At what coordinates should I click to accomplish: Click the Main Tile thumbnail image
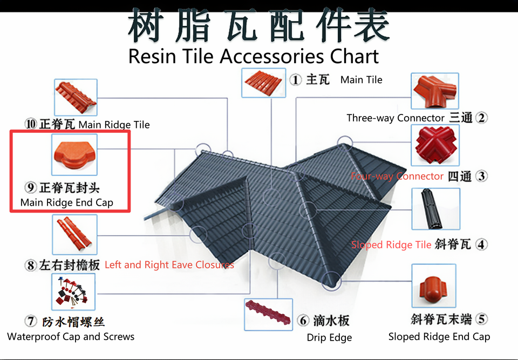tap(263, 80)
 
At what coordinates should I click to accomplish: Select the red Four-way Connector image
tap(435, 145)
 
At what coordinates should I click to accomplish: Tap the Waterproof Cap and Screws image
tap(73, 292)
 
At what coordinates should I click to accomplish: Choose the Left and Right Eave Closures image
tap(74, 235)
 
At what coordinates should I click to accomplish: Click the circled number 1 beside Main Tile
tap(295, 80)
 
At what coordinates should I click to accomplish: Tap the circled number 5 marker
tap(482, 319)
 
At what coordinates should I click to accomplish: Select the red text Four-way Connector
tap(397, 176)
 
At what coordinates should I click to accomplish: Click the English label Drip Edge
tap(329, 338)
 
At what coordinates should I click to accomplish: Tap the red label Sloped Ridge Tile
tap(391, 245)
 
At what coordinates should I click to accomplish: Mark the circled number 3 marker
tap(482, 176)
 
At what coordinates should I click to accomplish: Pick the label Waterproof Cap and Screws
tap(71, 336)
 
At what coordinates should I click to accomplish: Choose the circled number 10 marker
tap(31, 125)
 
